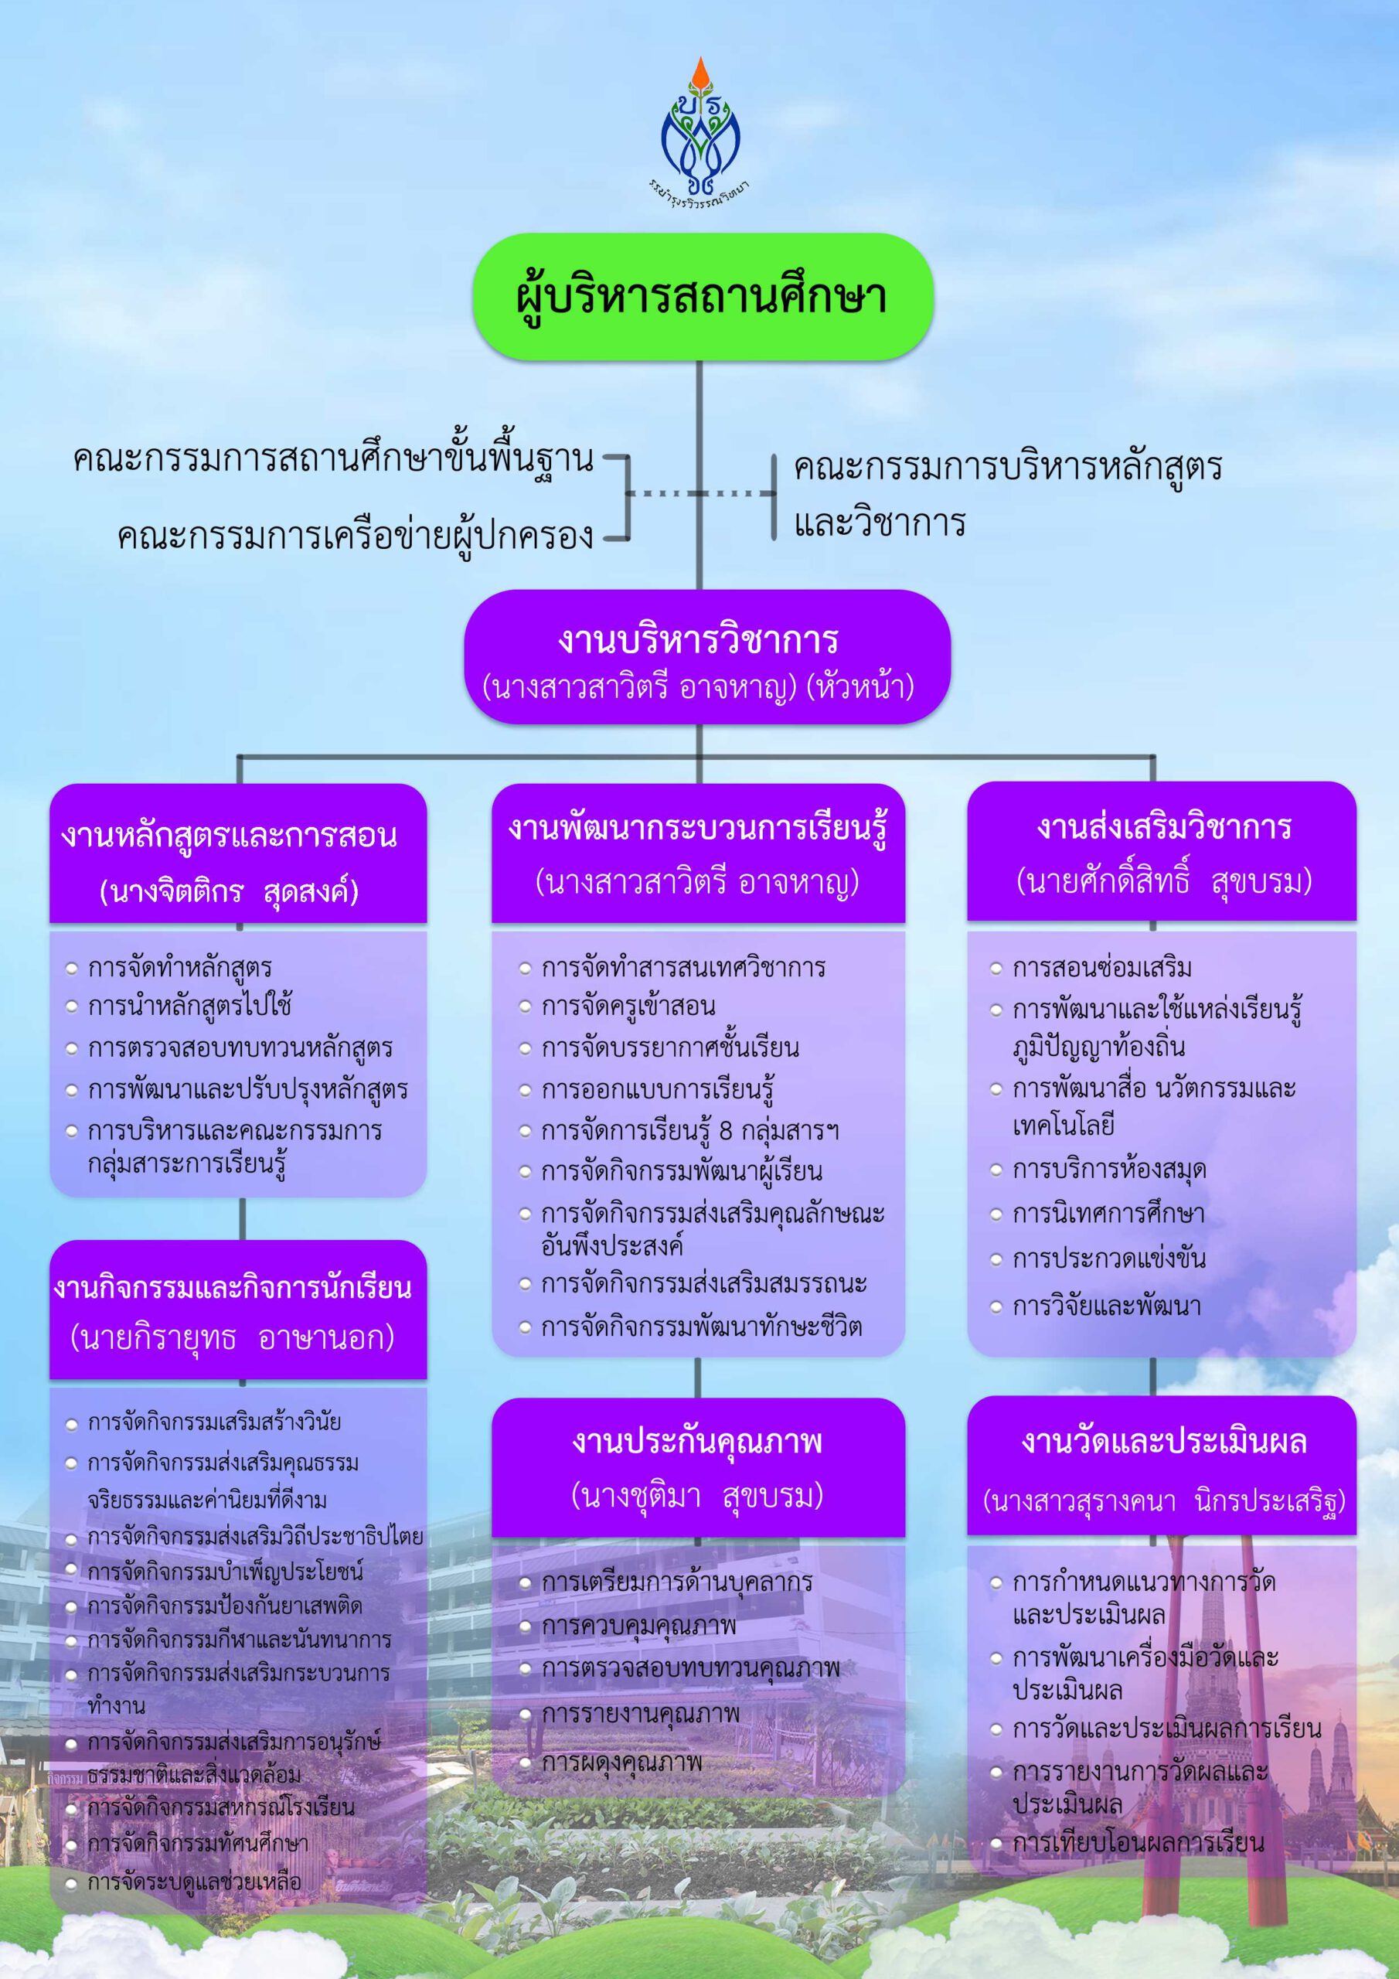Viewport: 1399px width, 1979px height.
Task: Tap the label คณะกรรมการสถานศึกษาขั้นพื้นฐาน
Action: pyautogui.click(x=334, y=459)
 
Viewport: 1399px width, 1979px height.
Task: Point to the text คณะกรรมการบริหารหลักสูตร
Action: pyautogui.click(x=1008, y=467)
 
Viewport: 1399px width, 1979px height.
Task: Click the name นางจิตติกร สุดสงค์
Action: pyautogui.click(x=230, y=891)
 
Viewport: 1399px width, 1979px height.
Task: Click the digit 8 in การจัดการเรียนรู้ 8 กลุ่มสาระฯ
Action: pyautogui.click(x=725, y=1131)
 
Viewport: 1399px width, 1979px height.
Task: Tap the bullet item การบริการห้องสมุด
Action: pyautogui.click(x=1108, y=1170)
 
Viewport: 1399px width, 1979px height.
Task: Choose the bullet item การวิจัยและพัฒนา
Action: pyautogui.click(x=1107, y=1306)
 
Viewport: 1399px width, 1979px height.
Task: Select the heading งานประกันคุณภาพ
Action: pyautogui.click(x=697, y=1442)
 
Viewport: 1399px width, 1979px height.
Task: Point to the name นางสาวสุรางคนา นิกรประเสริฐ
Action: pyautogui.click(x=1164, y=1501)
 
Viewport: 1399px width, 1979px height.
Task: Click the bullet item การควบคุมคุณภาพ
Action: pyautogui.click(x=638, y=1625)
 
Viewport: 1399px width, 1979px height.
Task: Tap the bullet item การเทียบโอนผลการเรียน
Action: pyautogui.click(x=1138, y=1843)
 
